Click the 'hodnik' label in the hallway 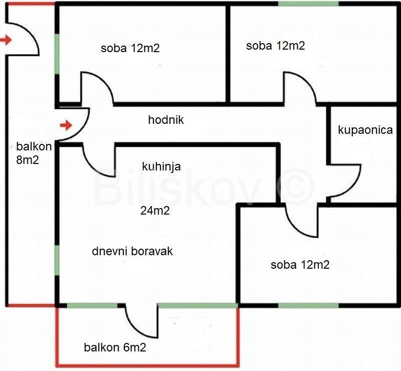tap(166, 120)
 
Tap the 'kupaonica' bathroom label tap(365, 130)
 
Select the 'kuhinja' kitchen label tap(161, 166)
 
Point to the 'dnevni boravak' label tap(132, 251)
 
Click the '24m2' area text tap(154, 211)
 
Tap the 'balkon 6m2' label tap(115, 347)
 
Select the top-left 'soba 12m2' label tap(130, 49)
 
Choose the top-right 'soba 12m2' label tap(275, 46)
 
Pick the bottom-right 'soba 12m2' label tap(300, 265)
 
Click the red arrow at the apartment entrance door tap(66, 124)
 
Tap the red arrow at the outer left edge tap(6, 40)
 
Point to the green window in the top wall tap(309, 4)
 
